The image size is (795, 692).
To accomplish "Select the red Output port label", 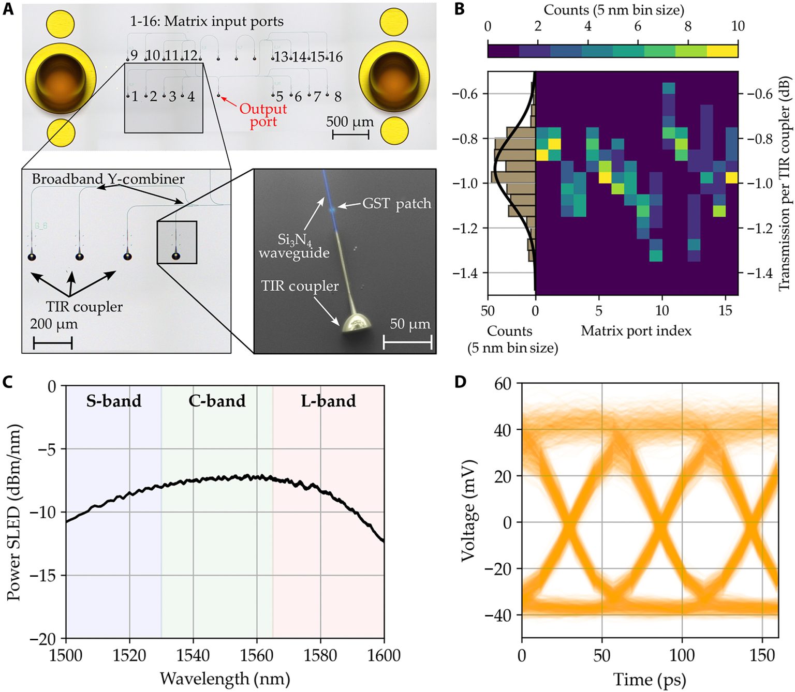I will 263,115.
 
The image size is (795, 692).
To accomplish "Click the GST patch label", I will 396,204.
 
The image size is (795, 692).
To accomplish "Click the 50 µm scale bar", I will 407,342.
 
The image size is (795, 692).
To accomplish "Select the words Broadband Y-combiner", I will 108,179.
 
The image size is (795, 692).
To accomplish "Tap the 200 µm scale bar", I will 53,343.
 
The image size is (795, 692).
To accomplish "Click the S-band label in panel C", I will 114,401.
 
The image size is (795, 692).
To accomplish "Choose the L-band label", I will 328,401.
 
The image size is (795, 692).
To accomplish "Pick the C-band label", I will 217,401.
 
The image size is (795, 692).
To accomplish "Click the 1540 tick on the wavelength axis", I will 193,655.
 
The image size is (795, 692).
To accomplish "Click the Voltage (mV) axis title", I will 468,510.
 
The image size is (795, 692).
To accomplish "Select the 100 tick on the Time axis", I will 682,655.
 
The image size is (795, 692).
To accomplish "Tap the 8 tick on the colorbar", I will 688,26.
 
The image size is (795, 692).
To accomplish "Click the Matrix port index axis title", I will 636,330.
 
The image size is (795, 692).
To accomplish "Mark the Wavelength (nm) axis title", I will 225,678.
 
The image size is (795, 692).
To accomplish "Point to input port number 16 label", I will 335,57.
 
